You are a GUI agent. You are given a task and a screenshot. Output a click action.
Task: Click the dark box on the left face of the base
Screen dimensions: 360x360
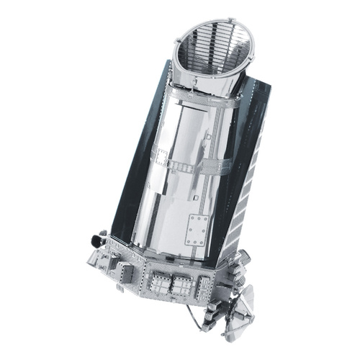[x=124, y=271]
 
